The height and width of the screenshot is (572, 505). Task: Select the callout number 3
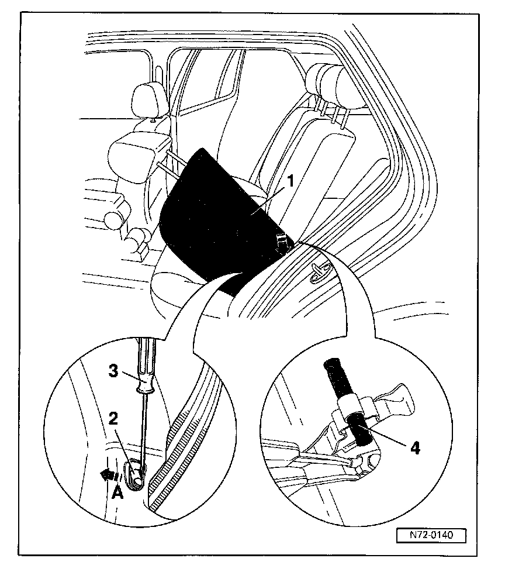tap(115, 370)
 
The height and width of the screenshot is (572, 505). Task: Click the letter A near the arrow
tap(117, 492)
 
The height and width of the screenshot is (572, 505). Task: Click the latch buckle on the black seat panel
tap(282, 244)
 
